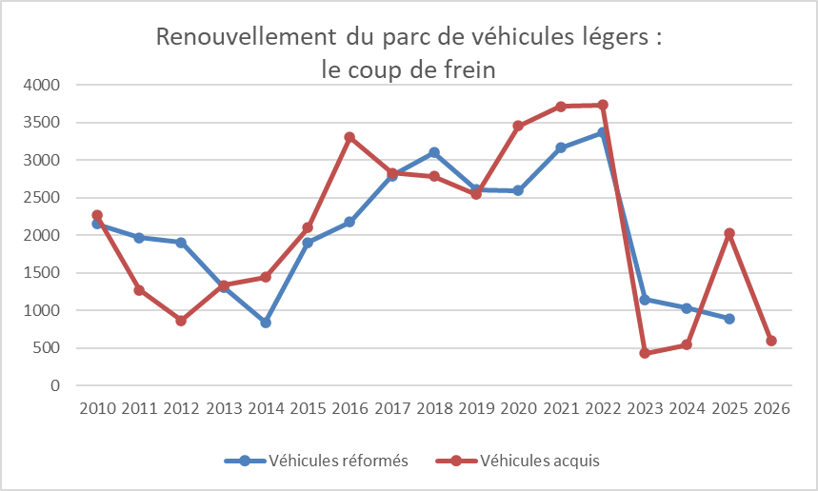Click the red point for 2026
click(x=770, y=341)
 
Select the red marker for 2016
click(x=349, y=137)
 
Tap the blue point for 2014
click(x=266, y=323)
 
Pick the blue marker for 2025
click(x=728, y=319)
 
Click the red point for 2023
click(x=645, y=353)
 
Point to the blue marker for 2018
click(x=434, y=152)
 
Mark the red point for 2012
click(x=181, y=321)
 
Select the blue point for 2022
click(x=603, y=133)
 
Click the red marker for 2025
click(x=728, y=233)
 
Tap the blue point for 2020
click(x=518, y=190)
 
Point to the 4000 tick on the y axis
click(x=44, y=85)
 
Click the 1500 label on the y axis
click(x=44, y=273)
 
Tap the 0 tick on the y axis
click(x=55, y=385)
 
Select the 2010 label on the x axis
click(x=97, y=408)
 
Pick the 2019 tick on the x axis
click(x=476, y=408)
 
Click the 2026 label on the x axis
click(x=770, y=408)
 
